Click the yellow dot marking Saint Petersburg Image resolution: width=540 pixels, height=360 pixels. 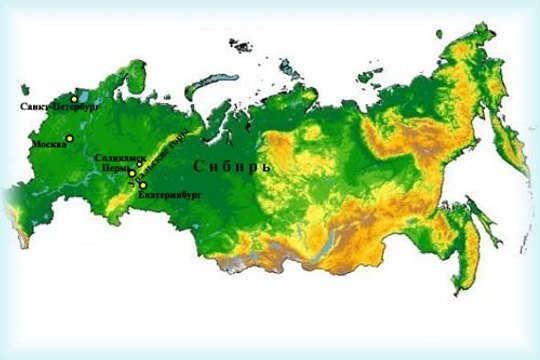pyautogui.click(x=74, y=99)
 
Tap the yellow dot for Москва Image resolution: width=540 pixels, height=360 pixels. pyautogui.click(x=70, y=138)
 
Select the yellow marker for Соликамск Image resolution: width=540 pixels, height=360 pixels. pyautogui.click(x=139, y=164)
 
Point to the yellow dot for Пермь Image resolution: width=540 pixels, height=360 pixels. pyautogui.click(x=132, y=173)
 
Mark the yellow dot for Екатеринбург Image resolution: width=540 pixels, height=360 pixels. pyautogui.click(x=142, y=186)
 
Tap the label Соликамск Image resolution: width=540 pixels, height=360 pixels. pyautogui.click(x=120, y=158)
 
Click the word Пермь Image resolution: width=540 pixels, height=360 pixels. pyautogui.click(x=114, y=169)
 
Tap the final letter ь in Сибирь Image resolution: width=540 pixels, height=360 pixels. pyautogui.click(x=266, y=167)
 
